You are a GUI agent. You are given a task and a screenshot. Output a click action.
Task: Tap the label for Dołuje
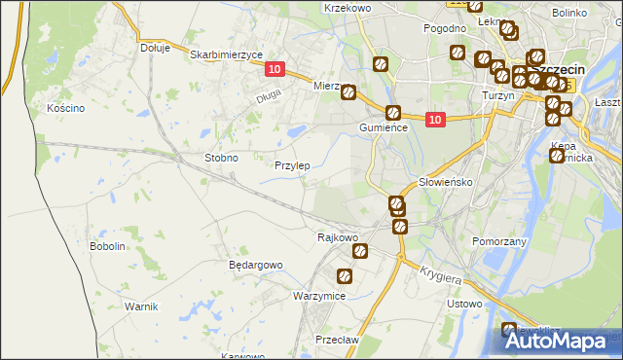click(155, 47)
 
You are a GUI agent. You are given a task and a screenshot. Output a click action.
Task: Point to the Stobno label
click(221, 157)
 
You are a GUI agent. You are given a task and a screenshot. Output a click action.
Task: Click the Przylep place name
click(292, 165)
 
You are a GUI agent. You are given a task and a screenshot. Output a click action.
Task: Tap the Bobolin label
click(108, 246)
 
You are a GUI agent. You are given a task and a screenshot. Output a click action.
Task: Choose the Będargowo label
click(255, 265)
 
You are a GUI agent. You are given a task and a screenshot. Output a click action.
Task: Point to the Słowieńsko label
click(445, 182)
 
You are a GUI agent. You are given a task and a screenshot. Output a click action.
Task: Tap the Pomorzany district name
click(498, 240)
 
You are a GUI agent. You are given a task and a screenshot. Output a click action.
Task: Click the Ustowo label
click(463, 304)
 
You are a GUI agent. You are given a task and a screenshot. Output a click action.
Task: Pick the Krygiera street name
click(442, 276)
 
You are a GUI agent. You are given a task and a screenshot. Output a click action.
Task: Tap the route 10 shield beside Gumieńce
click(434, 120)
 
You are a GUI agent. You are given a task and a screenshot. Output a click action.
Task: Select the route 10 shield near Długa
click(274, 69)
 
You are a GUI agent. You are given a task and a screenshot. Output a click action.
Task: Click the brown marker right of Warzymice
click(345, 276)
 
